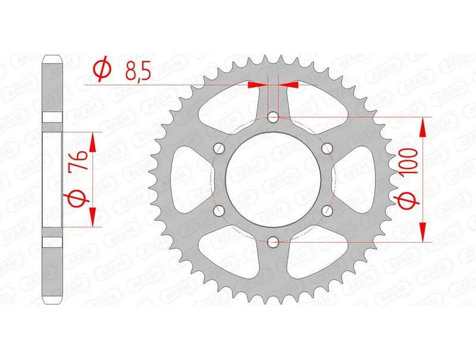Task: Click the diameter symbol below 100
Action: [x=406, y=204]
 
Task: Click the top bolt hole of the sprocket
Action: [x=273, y=117]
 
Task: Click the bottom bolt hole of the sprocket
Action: [x=273, y=241]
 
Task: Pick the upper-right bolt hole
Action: [x=327, y=149]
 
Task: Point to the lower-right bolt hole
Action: [x=327, y=210]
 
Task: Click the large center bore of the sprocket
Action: [x=273, y=179]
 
